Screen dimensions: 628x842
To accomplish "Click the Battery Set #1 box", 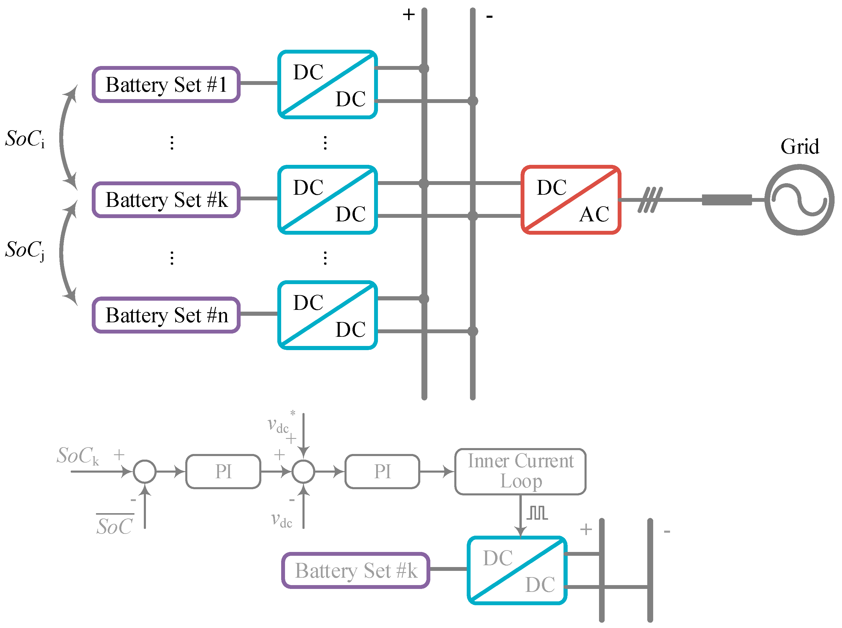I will pyautogui.click(x=166, y=84).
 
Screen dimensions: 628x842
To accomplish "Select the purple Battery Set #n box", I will pyautogui.click(x=166, y=315).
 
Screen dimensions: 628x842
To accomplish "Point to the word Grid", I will pyautogui.click(x=799, y=147).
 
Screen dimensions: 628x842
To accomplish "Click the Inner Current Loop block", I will pyautogui.click(x=520, y=471).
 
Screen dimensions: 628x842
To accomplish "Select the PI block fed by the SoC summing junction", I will pyautogui.click(x=223, y=471).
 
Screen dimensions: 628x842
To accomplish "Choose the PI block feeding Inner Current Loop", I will pyautogui.click(x=382, y=471).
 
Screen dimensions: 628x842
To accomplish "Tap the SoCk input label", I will pyautogui.click(x=78, y=455).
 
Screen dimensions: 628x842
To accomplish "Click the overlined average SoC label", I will pyautogui.click(x=115, y=526).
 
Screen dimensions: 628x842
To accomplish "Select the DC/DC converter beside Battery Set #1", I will pyautogui.click(x=328, y=84).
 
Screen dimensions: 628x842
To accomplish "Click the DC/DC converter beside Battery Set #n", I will pyautogui.click(x=328, y=315).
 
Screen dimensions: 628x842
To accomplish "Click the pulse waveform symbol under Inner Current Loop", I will pyautogui.click(x=537, y=513).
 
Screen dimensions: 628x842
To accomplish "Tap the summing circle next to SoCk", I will pyautogui.click(x=144, y=471).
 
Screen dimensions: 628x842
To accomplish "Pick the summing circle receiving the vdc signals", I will pyautogui.click(x=303, y=471).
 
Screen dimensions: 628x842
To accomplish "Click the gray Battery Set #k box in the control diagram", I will pyautogui.click(x=356, y=571).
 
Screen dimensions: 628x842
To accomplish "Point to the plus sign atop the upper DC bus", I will pyautogui.click(x=409, y=15).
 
